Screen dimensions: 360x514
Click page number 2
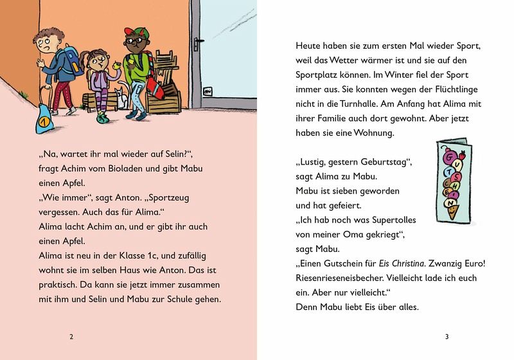[x=71, y=336]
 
